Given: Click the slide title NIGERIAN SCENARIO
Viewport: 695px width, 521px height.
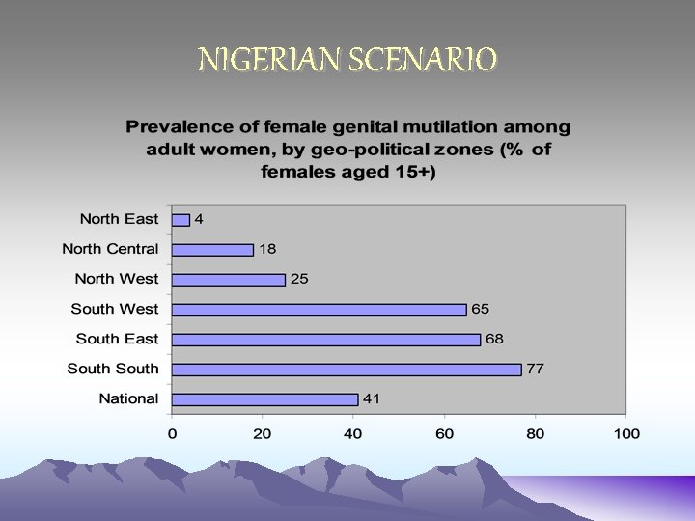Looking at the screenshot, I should click(347, 61).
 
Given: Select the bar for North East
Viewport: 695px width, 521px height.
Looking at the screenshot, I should click(181, 219).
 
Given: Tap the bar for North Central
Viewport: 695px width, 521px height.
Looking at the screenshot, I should click(212, 249).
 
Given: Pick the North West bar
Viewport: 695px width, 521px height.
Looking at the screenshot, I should click(229, 279).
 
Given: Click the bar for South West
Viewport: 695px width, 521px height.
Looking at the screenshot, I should click(320, 310).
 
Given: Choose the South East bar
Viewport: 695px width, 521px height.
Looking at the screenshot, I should click(326, 340).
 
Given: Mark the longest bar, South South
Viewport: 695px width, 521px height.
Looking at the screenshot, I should click(347, 369).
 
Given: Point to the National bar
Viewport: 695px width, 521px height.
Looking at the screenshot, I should click(265, 398).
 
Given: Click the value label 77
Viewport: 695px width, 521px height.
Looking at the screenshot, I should click(535, 369).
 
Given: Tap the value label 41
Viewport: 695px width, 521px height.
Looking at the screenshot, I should click(372, 398).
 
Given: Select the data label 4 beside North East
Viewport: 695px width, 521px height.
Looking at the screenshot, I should click(199, 219).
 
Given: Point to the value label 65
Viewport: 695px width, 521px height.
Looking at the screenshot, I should click(481, 310).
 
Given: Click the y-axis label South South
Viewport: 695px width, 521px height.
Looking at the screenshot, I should click(113, 369).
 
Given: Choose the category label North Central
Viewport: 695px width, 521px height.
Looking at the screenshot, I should click(110, 249).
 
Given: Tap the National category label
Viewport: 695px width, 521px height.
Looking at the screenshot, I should click(128, 398).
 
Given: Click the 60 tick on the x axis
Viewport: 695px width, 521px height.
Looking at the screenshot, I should click(445, 434).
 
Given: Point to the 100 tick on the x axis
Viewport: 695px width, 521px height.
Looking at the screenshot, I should click(627, 434).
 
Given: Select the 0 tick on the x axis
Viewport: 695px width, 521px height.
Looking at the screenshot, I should click(172, 434).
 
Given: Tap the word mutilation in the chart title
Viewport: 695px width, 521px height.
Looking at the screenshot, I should click(441, 126).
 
